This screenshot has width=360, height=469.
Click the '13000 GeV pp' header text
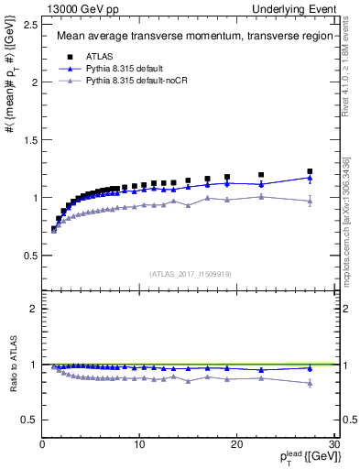[x=79, y=8]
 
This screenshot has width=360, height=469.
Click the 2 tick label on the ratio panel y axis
[x=33, y=309]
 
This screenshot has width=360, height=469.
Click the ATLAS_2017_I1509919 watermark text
[x=190, y=273]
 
